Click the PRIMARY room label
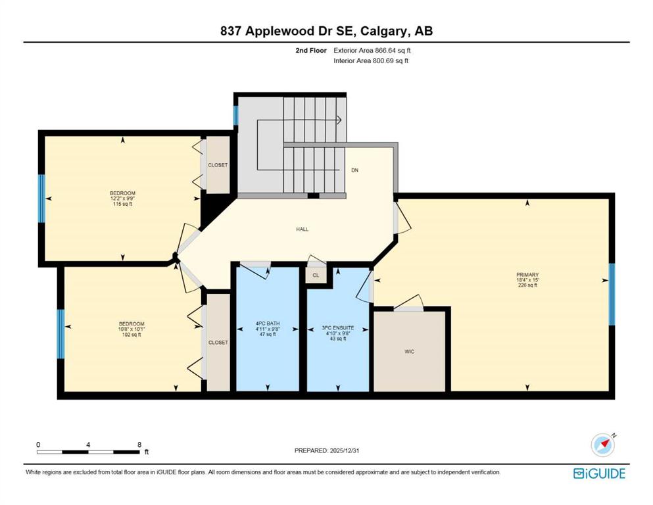(x=527, y=275)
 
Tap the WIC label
(x=410, y=352)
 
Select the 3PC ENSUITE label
(x=338, y=328)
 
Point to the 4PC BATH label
(x=268, y=324)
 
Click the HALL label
(x=302, y=229)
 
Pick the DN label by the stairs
(x=355, y=170)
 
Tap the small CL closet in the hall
(x=316, y=276)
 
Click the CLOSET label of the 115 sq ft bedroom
(x=218, y=165)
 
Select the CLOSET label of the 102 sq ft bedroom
(x=218, y=343)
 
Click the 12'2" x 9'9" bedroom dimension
(x=122, y=199)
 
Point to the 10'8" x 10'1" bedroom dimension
(x=132, y=329)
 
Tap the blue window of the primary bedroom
(x=612, y=295)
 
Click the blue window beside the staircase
(x=235, y=116)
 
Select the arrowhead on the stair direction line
(x=339, y=120)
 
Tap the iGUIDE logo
(x=599, y=474)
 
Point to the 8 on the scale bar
(x=139, y=445)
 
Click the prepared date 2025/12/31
(x=344, y=450)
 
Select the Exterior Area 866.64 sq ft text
(x=372, y=51)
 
